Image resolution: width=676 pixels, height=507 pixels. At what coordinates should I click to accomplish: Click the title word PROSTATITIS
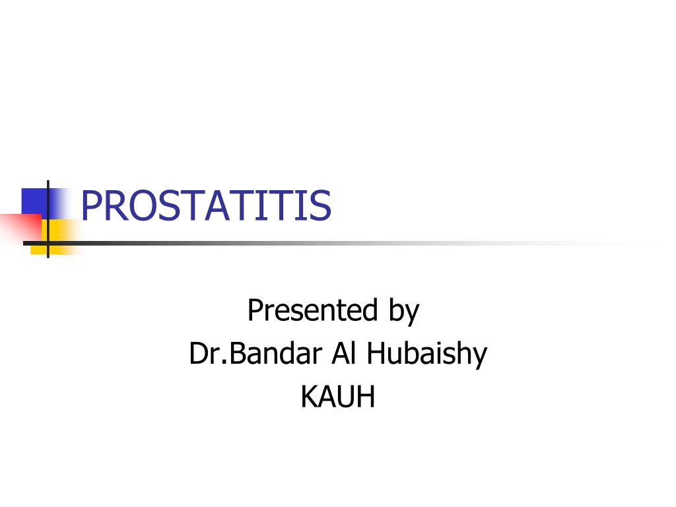tap(205, 205)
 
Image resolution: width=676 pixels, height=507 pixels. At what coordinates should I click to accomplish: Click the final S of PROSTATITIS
tap(320, 205)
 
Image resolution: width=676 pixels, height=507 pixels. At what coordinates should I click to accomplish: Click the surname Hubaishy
tap(427, 355)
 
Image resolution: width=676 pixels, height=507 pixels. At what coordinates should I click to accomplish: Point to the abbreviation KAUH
tap(337, 397)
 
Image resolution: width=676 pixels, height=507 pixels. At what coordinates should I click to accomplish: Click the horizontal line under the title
tap(330, 243)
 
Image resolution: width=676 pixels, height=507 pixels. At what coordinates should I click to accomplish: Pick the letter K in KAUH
tap(308, 397)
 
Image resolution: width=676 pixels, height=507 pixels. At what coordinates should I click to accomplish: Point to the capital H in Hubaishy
tap(376, 354)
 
